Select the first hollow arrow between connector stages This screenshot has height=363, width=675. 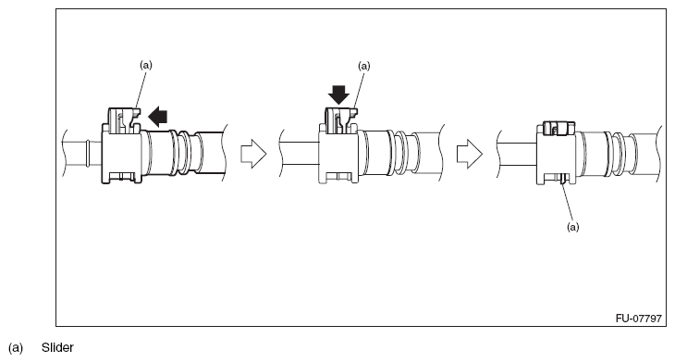click(252, 154)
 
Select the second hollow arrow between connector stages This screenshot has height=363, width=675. click(471, 154)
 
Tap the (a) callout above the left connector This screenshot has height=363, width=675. click(145, 65)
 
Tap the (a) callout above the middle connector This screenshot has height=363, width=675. click(363, 67)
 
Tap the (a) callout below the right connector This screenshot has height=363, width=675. click(573, 226)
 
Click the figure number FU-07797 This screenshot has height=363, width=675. click(638, 318)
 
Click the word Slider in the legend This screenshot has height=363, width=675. click(57, 349)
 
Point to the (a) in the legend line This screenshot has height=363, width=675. click(16, 349)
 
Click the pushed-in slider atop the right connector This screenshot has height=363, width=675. click(557, 127)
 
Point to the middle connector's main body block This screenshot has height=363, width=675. click(337, 153)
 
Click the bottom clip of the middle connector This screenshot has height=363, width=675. click(338, 176)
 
